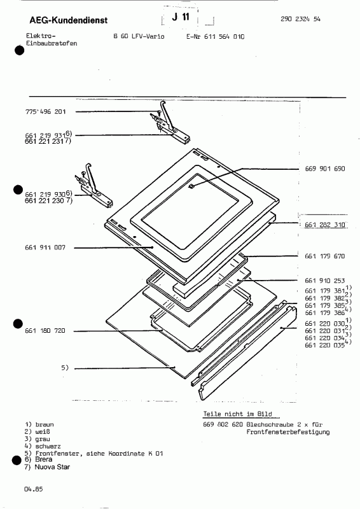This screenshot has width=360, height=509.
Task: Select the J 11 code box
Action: point(181,19)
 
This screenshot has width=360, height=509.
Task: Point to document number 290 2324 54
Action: point(300,19)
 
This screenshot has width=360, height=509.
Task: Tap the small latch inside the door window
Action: point(191,186)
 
